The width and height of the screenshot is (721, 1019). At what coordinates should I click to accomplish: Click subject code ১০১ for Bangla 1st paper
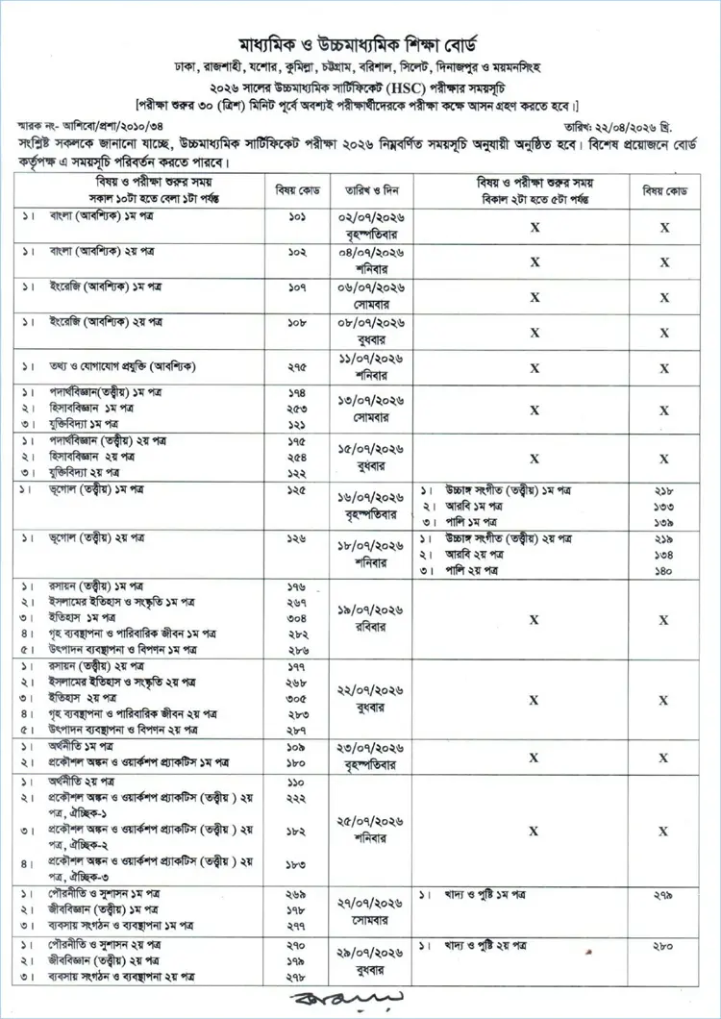click(x=297, y=219)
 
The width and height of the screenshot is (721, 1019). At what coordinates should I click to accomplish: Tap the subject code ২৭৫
click(x=297, y=366)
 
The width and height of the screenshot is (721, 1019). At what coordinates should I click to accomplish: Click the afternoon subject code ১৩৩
click(x=662, y=506)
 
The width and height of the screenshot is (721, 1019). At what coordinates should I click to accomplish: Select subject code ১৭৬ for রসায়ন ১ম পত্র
click(x=297, y=585)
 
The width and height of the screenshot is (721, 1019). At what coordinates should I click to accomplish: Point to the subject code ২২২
click(x=297, y=799)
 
